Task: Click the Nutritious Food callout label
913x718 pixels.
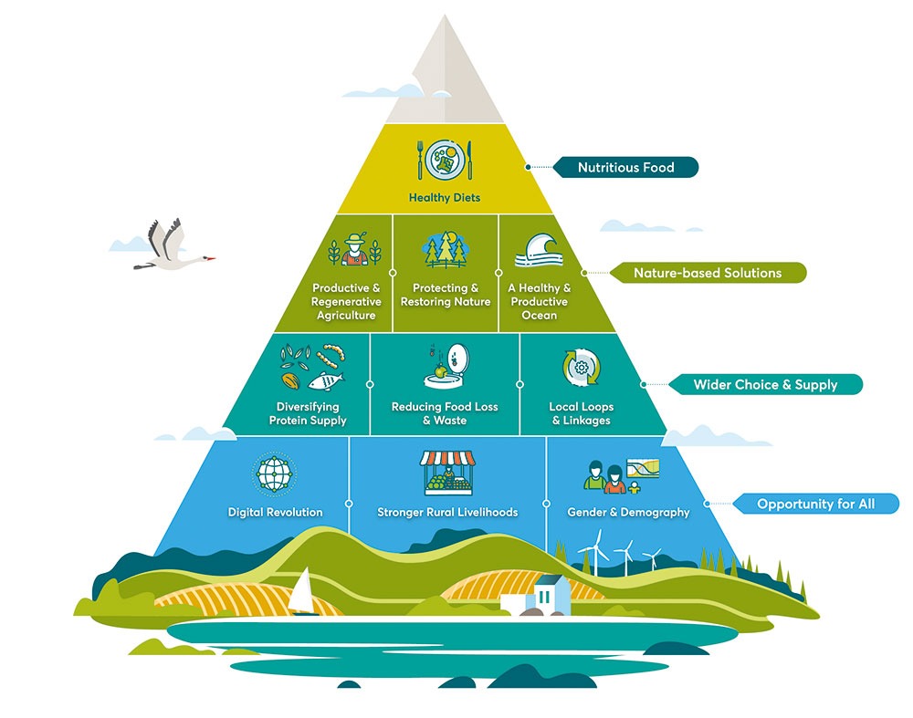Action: point(625,167)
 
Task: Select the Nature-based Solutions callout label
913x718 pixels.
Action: point(708,273)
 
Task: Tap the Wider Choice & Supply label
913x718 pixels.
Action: point(764,384)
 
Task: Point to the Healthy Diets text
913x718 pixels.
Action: point(444,198)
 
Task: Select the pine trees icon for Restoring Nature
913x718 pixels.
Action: point(446,250)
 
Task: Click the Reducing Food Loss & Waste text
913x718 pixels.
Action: point(445,413)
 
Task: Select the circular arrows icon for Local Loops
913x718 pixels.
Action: point(581,369)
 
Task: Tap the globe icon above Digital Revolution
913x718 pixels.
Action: point(275,474)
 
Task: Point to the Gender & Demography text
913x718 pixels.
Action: point(628,513)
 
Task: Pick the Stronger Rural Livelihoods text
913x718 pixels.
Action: point(447,513)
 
